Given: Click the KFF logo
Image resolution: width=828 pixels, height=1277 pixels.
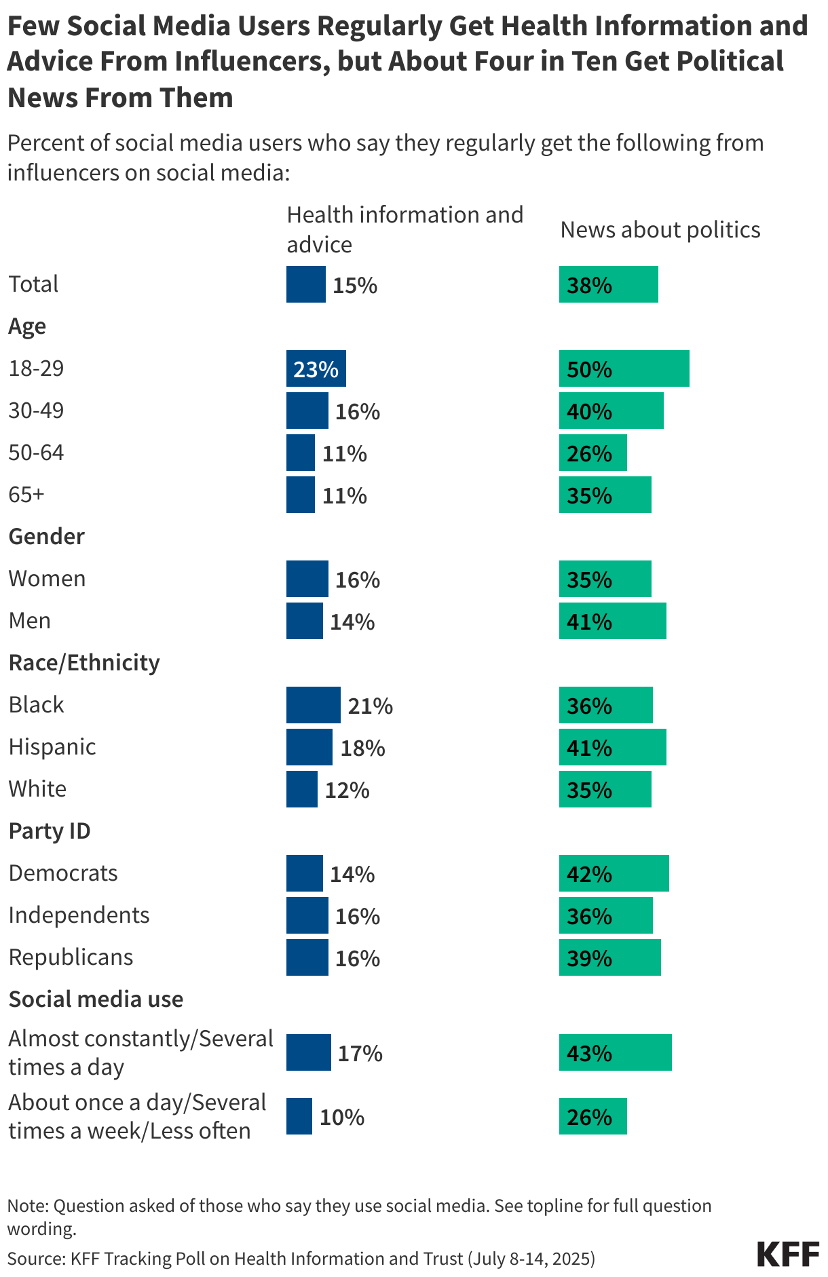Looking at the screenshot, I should [x=787, y=1254].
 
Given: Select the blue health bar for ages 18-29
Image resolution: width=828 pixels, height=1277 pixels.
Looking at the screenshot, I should [x=316, y=368].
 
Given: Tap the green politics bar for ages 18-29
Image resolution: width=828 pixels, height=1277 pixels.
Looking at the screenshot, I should [x=624, y=368].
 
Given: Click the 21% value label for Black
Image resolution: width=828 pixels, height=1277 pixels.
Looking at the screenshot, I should [x=370, y=706].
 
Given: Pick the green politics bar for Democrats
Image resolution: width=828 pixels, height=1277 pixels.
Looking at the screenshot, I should [x=614, y=873].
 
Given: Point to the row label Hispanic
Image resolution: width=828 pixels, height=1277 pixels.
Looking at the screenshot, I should [x=52, y=747].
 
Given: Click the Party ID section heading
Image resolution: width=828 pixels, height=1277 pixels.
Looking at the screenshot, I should [x=50, y=831].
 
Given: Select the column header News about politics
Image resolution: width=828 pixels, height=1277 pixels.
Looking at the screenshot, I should [x=660, y=230].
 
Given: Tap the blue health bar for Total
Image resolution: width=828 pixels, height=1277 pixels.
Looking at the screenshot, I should [x=305, y=284].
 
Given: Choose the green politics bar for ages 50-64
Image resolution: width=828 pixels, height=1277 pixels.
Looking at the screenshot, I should [x=592, y=453].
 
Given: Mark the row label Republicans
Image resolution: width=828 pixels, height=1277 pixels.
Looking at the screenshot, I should [x=71, y=957].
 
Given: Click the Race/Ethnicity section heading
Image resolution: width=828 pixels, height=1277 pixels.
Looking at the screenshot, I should [x=84, y=663].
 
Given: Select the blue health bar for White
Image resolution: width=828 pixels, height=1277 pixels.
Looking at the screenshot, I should [x=301, y=789].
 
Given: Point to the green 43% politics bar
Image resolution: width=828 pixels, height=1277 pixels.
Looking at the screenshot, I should [x=615, y=1052].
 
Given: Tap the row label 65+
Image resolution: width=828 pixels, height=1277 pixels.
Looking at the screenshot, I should [x=26, y=495].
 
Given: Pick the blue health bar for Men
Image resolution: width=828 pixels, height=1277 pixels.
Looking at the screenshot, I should [x=304, y=621].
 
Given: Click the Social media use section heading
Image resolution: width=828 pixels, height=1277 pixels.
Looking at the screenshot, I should [x=96, y=999].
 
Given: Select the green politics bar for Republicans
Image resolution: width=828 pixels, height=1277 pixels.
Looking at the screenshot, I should [x=609, y=957].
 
